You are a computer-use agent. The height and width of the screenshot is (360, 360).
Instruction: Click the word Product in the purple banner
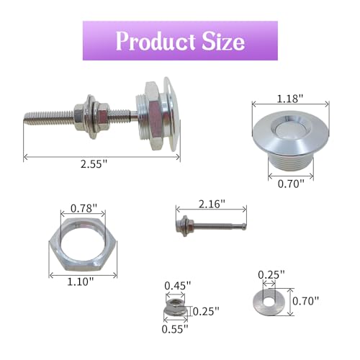click(x=156, y=41)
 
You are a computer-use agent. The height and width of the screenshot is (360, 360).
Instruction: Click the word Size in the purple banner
click(x=223, y=41)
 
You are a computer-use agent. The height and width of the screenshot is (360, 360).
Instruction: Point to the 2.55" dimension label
click(x=94, y=164)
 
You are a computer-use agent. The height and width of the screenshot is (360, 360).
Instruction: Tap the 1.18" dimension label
click(x=290, y=99)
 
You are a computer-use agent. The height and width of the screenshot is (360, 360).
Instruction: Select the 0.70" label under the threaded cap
click(x=291, y=184)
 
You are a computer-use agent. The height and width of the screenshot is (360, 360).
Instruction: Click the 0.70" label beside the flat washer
click(x=306, y=301)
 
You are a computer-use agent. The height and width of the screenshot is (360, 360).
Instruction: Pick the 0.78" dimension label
click(x=84, y=208)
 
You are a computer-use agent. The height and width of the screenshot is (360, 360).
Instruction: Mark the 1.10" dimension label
click(x=80, y=282)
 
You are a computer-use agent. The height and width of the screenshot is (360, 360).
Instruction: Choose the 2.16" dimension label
click(x=212, y=204)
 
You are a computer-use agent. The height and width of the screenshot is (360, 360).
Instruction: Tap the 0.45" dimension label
click(x=178, y=286)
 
